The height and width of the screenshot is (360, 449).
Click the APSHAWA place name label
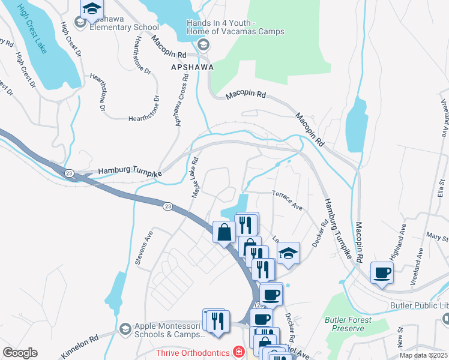193,67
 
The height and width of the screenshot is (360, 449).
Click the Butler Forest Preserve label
345,324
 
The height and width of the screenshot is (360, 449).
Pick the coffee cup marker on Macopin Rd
382,273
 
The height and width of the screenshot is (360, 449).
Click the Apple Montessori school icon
125,329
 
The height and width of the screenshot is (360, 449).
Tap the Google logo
20,353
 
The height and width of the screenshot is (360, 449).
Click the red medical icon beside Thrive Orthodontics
239,352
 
